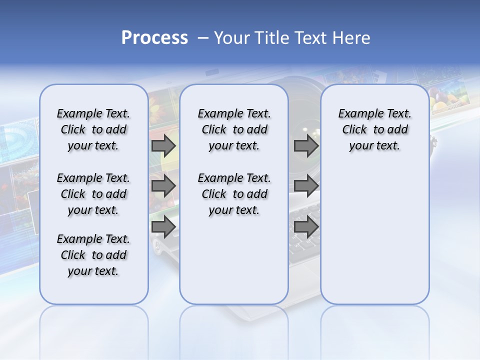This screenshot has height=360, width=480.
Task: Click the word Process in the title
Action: (x=154, y=38)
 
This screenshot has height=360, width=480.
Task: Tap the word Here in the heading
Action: (x=351, y=38)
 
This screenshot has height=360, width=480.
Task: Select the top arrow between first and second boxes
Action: (x=163, y=145)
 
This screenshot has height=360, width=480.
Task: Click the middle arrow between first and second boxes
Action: (x=163, y=186)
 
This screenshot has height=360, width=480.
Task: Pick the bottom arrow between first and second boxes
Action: (x=163, y=227)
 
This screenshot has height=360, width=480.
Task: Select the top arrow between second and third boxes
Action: (x=306, y=145)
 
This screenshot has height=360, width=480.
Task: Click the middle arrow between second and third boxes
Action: (x=306, y=186)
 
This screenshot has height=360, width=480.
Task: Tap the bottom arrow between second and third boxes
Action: (x=306, y=227)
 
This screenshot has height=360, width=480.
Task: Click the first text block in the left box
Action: (x=93, y=129)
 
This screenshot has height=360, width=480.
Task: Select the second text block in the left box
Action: (x=93, y=194)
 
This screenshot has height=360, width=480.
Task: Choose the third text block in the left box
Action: (x=93, y=255)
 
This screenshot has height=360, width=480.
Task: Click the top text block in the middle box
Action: (x=234, y=129)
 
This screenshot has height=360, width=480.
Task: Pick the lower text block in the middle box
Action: (x=234, y=194)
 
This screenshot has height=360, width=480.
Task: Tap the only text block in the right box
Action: (x=374, y=129)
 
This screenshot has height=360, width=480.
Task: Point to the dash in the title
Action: (x=203, y=38)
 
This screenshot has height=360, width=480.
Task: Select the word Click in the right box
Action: (x=354, y=130)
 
